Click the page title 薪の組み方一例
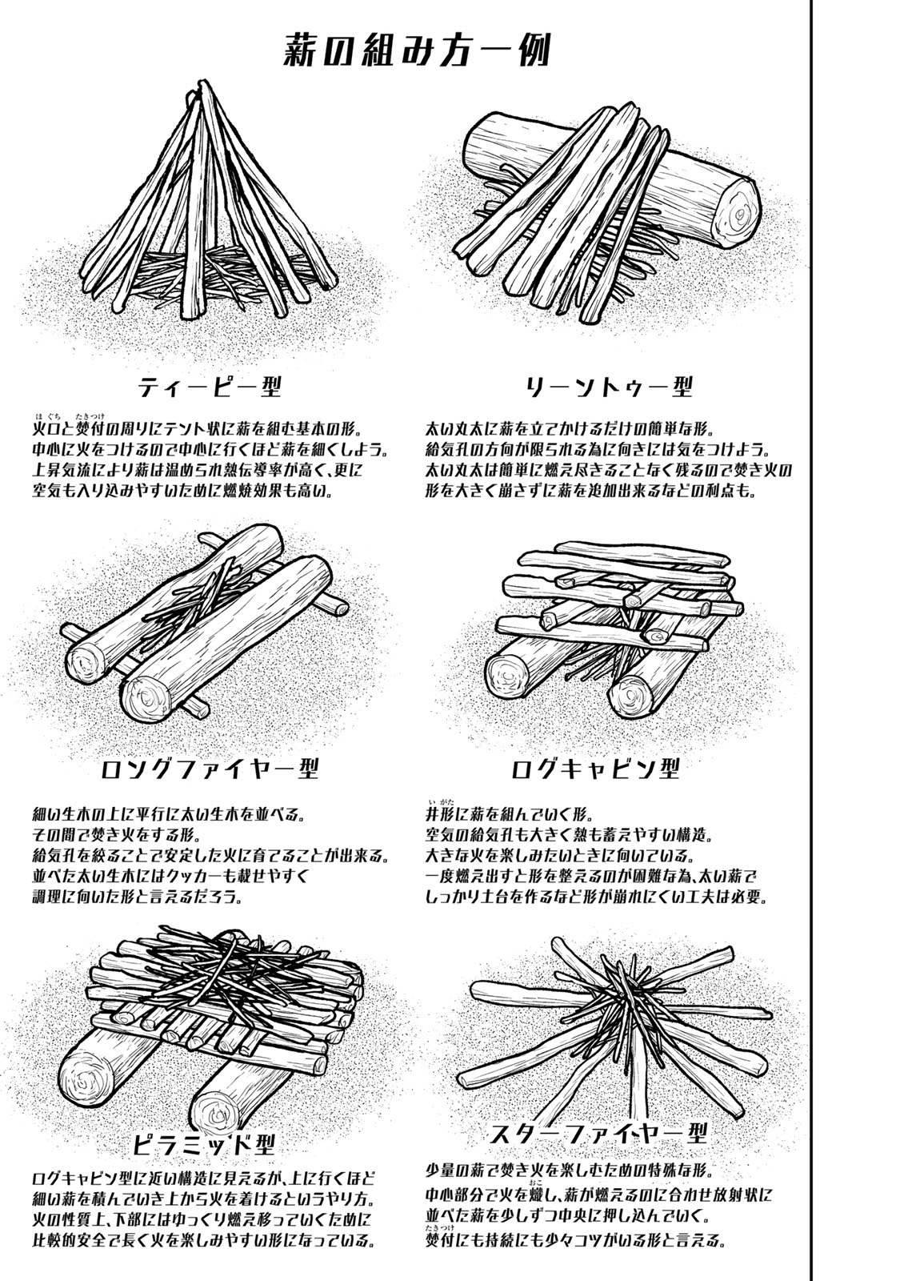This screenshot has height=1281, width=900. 418,52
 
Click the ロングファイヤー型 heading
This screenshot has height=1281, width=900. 211,769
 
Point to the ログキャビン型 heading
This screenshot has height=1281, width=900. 595,769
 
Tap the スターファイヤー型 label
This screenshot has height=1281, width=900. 600,1134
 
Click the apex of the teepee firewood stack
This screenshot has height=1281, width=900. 210,86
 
